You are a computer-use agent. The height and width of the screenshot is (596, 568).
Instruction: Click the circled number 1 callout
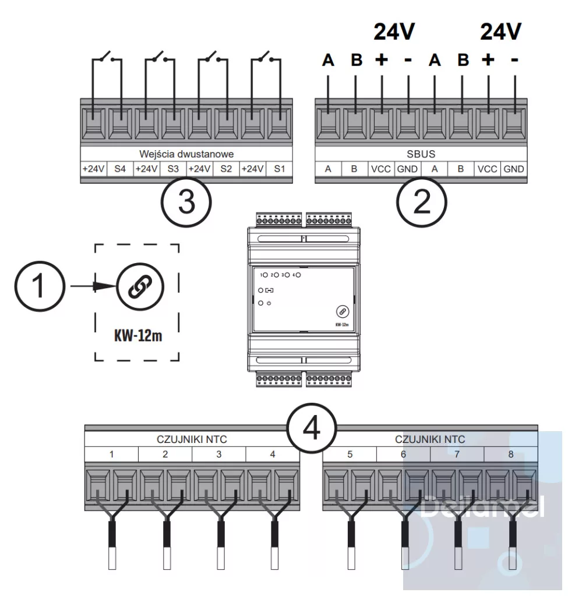coord(40,286)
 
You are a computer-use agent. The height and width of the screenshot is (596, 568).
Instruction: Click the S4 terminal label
coord(120,169)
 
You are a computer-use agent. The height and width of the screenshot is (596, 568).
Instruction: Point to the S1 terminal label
coord(280,169)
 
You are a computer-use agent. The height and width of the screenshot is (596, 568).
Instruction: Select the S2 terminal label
coord(226,169)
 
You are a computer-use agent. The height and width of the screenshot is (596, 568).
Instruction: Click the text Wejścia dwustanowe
coord(186,154)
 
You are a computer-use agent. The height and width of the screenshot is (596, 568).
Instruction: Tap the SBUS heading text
coord(421,154)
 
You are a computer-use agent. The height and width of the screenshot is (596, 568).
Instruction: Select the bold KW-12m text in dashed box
coord(137,336)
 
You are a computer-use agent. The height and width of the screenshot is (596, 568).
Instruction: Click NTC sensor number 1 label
coord(111,453)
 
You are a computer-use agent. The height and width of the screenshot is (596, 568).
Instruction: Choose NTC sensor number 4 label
coord(273,453)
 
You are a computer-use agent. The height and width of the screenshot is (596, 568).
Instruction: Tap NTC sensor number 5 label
coord(350,453)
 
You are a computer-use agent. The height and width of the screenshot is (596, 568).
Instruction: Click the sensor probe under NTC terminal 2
coord(165,544)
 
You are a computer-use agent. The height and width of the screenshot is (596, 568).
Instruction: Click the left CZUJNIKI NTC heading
coord(192,439)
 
